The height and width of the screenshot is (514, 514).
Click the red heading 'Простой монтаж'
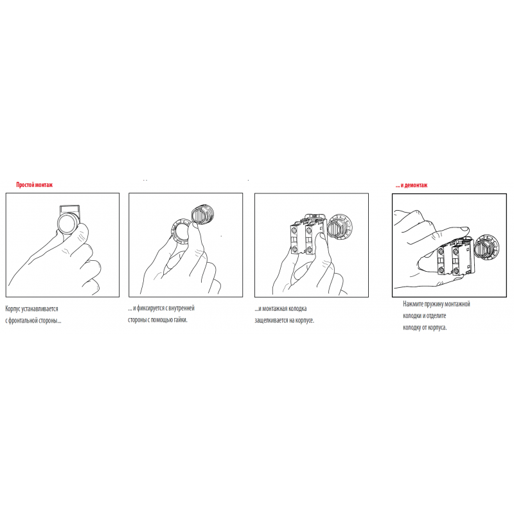click(35, 185)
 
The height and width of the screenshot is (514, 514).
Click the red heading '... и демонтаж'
click(411, 185)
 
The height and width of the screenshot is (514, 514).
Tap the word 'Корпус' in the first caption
click(13, 309)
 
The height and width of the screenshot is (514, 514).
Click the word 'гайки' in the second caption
click(180, 319)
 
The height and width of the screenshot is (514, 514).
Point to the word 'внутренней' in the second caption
click(182, 308)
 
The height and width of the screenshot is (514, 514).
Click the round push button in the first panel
click(67, 224)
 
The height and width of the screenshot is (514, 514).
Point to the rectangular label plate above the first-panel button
click(69, 209)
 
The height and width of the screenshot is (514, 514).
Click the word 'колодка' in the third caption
click(297, 309)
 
